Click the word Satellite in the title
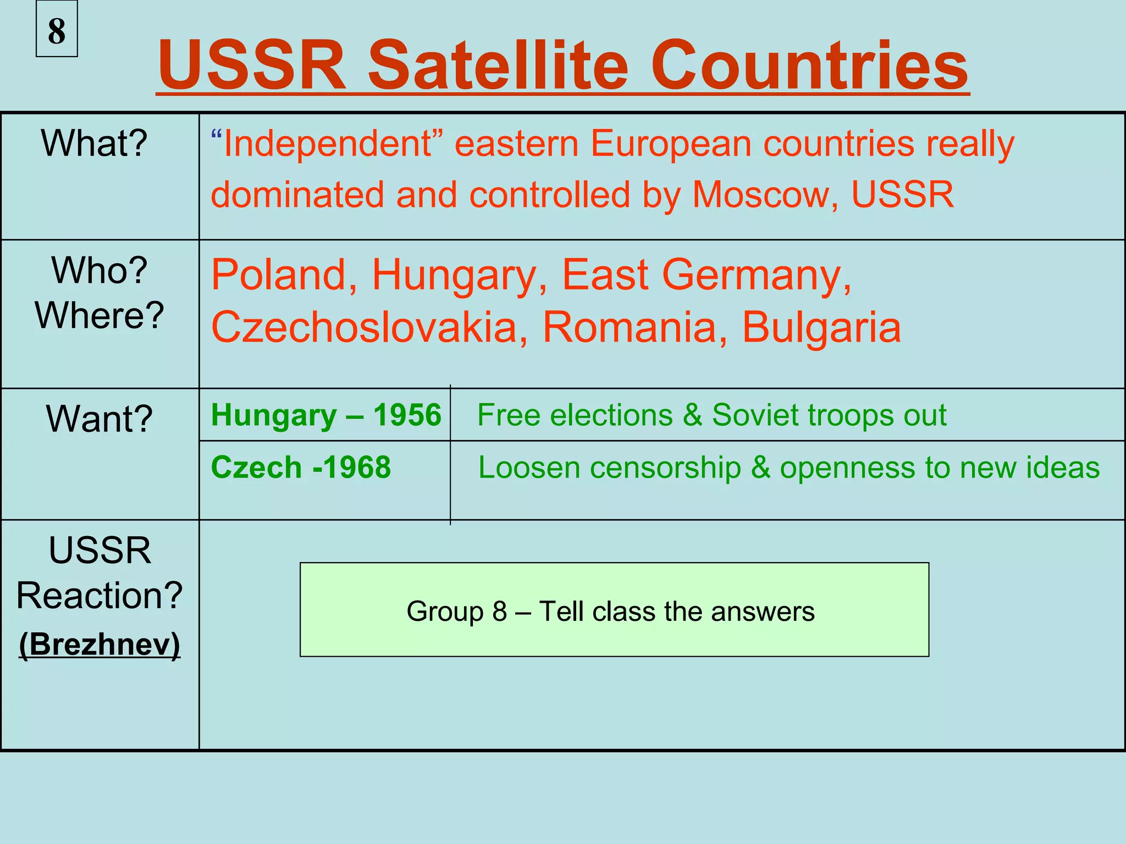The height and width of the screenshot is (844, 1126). [498, 66]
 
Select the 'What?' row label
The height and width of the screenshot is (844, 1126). [94, 143]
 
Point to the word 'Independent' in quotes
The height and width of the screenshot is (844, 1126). [328, 144]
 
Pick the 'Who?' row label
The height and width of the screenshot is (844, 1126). [100, 270]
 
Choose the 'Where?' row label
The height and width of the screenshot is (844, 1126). [100, 315]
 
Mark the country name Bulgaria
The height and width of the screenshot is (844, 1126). [821, 327]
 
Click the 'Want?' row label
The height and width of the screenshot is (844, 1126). [100, 419]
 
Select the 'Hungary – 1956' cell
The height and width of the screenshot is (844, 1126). [326, 415]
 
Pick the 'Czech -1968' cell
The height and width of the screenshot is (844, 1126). [301, 468]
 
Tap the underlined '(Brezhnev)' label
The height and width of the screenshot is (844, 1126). [100, 644]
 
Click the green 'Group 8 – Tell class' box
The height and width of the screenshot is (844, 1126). [614, 610]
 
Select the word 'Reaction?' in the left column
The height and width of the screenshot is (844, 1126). [100, 596]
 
